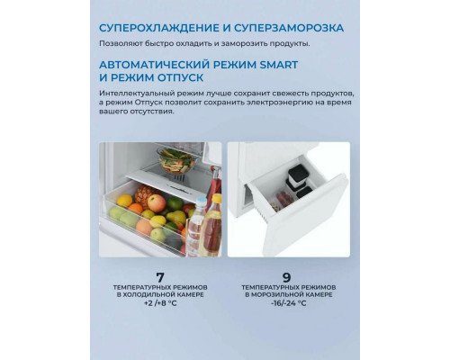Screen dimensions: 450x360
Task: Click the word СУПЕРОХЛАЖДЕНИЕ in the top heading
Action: pyautogui.click(x=159, y=28)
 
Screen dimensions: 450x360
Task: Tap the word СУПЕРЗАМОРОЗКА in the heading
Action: pyautogui.click(x=289, y=28)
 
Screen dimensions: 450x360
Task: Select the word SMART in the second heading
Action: pyautogui.click(x=279, y=65)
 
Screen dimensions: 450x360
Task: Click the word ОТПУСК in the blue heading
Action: pyautogui.click(x=181, y=77)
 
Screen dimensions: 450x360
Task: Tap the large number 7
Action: pyautogui.click(x=160, y=277)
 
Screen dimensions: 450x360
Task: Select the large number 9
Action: pyautogui.click(x=287, y=277)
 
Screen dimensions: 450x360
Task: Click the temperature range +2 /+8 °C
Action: pyautogui.click(x=160, y=303)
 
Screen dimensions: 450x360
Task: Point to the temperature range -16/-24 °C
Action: pyautogui.click(x=288, y=303)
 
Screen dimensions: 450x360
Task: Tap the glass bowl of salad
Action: pyautogui.click(x=177, y=161)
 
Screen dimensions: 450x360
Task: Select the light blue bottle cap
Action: pyautogui.click(x=201, y=201)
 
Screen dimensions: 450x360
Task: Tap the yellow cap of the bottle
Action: pyautogui.click(x=217, y=198)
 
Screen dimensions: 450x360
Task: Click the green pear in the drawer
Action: pyautogui.click(x=175, y=217)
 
